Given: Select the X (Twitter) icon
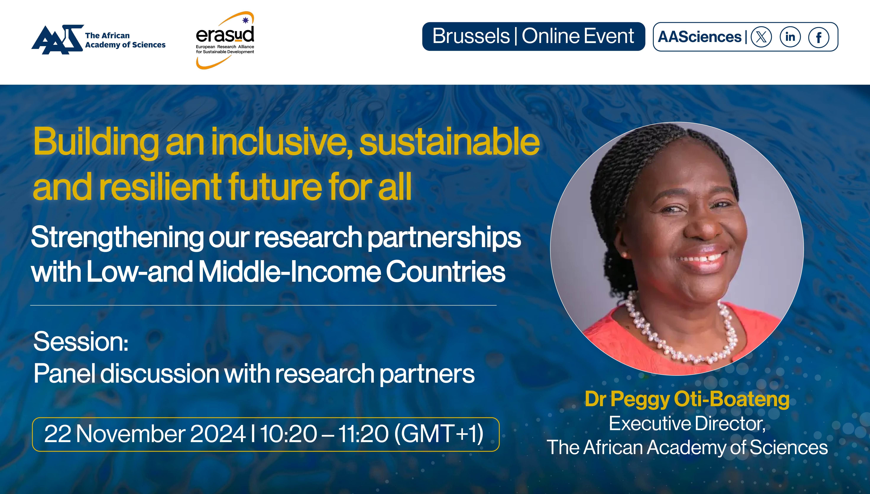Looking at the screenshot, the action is pyautogui.click(x=761, y=37).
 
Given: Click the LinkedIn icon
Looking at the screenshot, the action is pyautogui.click(x=790, y=37).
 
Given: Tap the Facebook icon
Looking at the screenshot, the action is pyautogui.click(x=819, y=37).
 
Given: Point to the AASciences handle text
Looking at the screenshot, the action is pyautogui.click(x=699, y=37).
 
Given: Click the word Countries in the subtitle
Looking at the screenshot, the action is pyautogui.click(x=445, y=272).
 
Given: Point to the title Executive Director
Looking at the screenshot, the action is pyautogui.click(x=687, y=424).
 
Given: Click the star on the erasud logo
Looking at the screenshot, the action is pyautogui.click(x=246, y=20).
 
